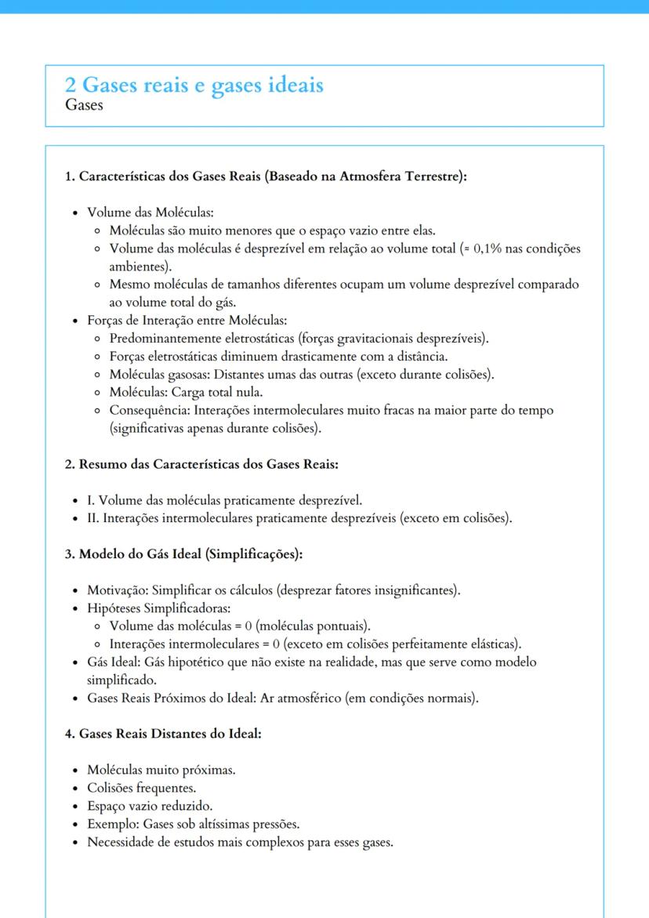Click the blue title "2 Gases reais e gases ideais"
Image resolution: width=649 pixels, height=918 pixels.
pyautogui.click(x=194, y=85)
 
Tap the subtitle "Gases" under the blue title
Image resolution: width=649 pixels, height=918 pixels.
pyautogui.click(x=84, y=105)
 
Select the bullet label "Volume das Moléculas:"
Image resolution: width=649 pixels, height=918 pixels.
pyautogui.click(x=150, y=212)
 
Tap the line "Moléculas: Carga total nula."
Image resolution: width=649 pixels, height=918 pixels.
pyautogui.click(x=186, y=392)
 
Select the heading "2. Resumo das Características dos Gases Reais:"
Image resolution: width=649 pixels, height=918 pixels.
pyautogui.click(x=201, y=464)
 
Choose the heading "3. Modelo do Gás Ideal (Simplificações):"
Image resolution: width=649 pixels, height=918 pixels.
pyautogui.click(x=183, y=554)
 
